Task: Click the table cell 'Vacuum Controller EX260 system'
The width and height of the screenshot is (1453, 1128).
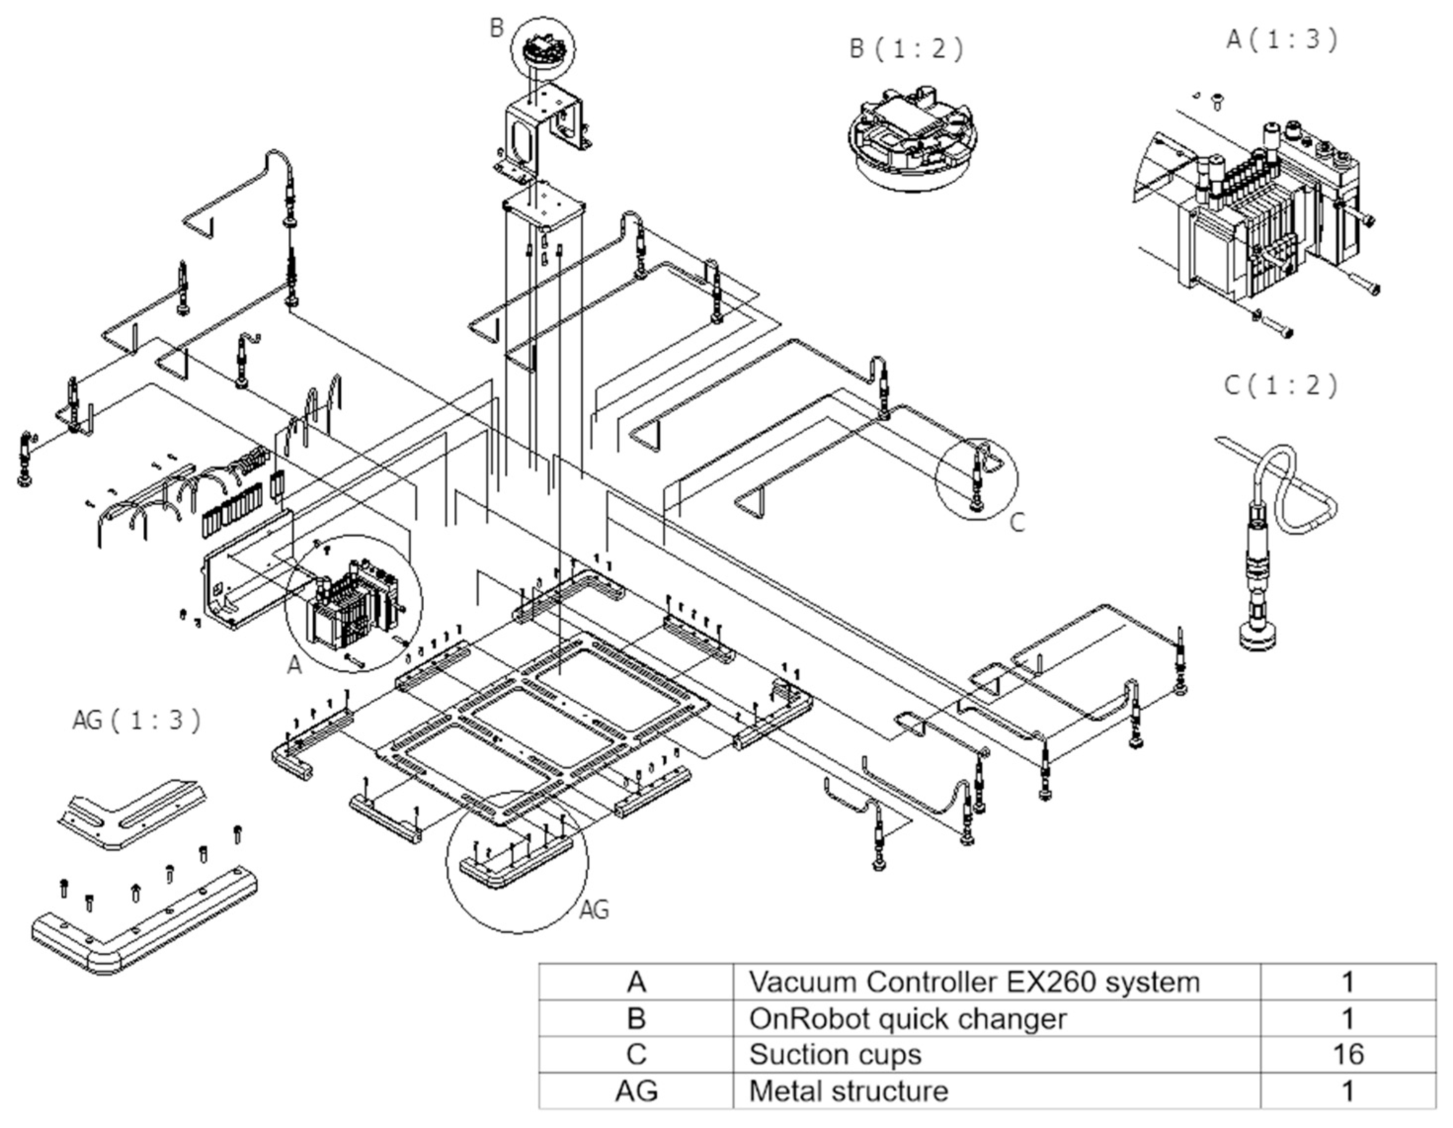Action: point(974,982)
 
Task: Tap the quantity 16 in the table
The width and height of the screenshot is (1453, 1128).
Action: point(1348,1054)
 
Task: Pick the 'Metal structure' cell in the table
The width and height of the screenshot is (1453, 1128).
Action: point(848,1091)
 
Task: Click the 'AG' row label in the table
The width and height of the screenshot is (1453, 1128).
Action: point(636,1091)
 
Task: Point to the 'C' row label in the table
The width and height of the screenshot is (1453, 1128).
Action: point(636,1054)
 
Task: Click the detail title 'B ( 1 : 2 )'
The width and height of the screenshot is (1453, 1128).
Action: point(907,49)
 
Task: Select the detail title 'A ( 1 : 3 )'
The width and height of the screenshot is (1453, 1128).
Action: point(1281,40)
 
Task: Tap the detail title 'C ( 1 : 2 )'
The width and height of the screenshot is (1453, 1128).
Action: point(1281,386)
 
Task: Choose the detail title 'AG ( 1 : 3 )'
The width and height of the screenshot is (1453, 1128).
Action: point(136,720)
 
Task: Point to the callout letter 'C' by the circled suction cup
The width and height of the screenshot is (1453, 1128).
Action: point(1017,523)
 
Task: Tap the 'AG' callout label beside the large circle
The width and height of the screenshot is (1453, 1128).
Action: point(594,910)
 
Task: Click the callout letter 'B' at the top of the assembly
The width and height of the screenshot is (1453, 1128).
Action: point(496,29)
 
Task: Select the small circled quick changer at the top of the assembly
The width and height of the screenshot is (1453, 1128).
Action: point(543,50)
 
